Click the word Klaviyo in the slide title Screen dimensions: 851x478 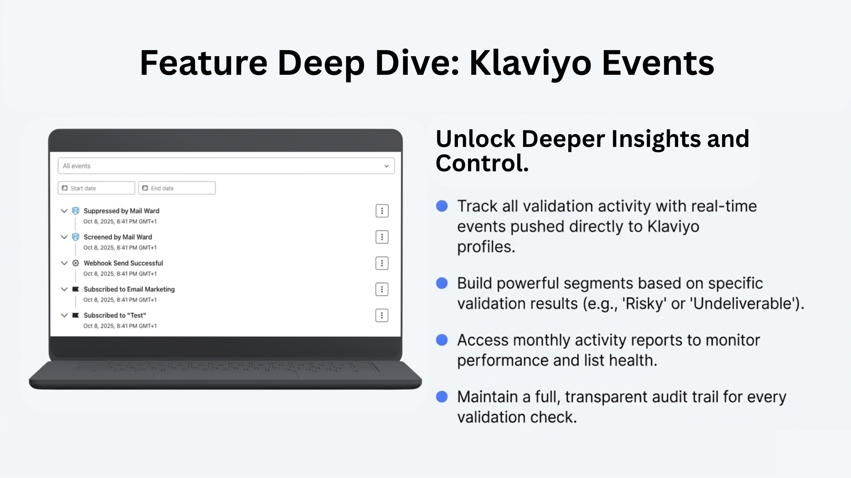(x=531, y=63)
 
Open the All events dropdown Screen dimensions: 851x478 (x=226, y=166)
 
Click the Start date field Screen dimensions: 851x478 (x=96, y=188)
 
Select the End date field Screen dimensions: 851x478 (x=177, y=188)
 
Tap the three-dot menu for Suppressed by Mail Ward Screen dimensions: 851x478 (x=382, y=211)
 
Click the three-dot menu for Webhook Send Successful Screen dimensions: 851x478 (x=382, y=263)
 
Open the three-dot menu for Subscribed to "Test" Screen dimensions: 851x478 (x=382, y=316)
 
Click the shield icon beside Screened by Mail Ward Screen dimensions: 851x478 (x=76, y=237)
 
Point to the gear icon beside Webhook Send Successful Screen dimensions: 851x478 (x=76, y=263)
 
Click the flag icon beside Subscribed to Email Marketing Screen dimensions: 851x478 (x=76, y=289)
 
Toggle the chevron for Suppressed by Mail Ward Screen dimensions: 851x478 (x=64, y=211)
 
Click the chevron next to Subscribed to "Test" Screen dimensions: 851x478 (x=64, y=315)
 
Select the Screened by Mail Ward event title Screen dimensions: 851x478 (x=118, y=237)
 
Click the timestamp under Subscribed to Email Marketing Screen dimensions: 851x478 (x=120, y=300)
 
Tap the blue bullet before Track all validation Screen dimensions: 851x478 (x=442, y=206)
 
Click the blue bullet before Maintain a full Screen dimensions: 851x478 (x=442, y=397)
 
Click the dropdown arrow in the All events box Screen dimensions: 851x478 (x=386, y=166)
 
